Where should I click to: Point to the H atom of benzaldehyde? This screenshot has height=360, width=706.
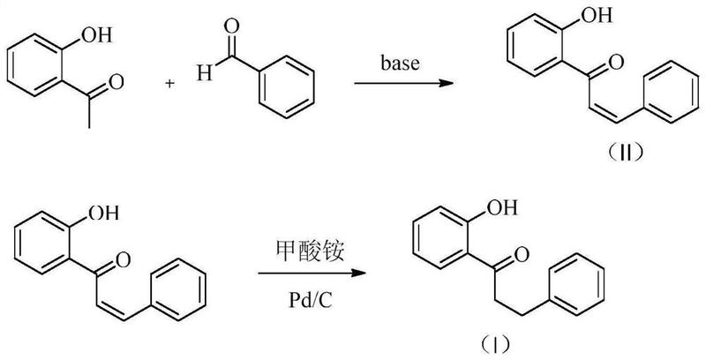pos(202,75)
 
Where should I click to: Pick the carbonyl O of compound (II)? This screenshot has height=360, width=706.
pos(616,64)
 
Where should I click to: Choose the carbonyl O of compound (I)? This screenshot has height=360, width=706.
pos(521,256)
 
